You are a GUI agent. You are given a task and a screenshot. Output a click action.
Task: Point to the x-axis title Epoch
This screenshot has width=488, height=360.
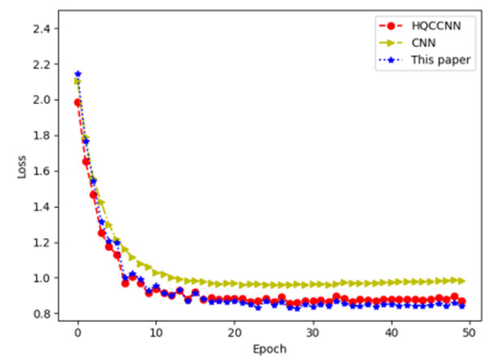coord(270,349)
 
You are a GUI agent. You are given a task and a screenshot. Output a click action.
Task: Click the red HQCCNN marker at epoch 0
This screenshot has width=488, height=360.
coord(77,102)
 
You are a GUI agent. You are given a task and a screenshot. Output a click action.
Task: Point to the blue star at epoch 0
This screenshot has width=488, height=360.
coord(77,74)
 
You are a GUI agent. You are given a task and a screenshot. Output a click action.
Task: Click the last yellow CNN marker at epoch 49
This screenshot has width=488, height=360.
coord(462,280)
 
